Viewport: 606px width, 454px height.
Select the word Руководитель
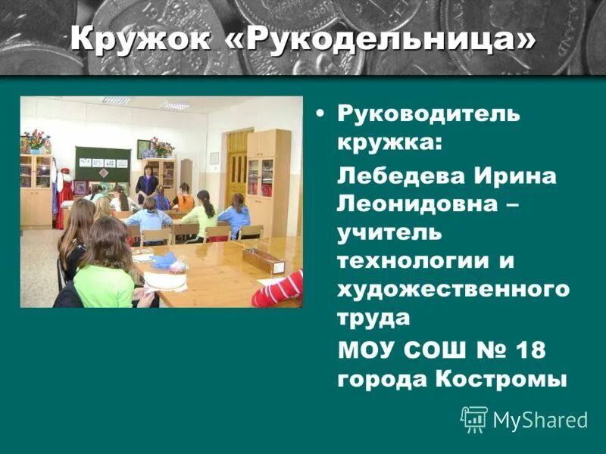pyautogui.click(x=429, y=114)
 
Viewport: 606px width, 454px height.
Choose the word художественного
pyautogui.click(x=453, y=289)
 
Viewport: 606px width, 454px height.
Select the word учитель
pyautogui.click(x=389, y=233)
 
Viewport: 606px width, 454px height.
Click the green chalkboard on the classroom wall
pyautogui.click(x=102, y=163)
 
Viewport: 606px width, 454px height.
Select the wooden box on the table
pyautogui.click(x=263, y=260)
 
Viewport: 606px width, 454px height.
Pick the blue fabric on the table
pyautogui.click(x=164, y=261)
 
